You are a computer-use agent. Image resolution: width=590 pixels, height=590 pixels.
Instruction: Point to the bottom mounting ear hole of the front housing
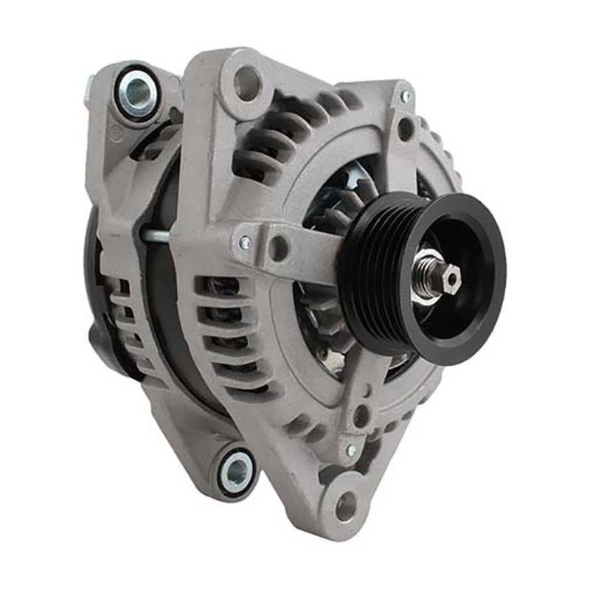click(345, 507)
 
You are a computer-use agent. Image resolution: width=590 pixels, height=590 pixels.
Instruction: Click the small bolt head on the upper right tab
click(405, 96)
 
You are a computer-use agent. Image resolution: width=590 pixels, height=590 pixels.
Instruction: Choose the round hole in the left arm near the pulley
click(279, 249)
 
